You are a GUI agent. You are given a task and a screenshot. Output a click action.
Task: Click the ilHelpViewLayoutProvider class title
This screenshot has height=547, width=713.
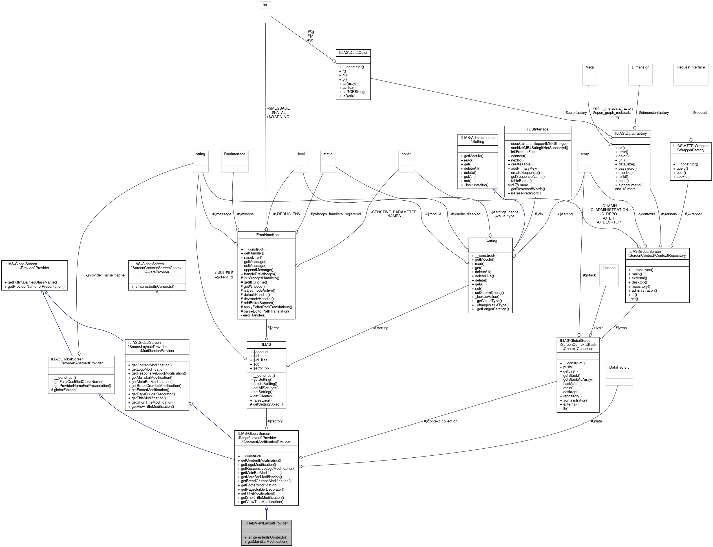(266, 523)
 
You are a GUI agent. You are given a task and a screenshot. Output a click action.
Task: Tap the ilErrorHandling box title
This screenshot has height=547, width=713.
(266, 235)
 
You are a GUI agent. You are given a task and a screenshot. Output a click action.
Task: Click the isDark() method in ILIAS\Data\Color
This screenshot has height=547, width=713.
(347, 96)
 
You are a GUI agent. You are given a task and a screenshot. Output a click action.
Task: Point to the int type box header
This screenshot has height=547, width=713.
(265, 5)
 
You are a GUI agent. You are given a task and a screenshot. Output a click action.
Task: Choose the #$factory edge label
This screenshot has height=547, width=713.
(275, 421)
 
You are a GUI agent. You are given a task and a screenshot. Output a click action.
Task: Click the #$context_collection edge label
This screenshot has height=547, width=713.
(440, 421)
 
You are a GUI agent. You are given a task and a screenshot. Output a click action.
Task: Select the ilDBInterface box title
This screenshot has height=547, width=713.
(537, 129)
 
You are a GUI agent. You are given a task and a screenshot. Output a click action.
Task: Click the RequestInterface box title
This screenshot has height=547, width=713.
(690, 67)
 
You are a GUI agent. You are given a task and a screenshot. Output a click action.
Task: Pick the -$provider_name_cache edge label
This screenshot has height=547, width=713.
(105, 275)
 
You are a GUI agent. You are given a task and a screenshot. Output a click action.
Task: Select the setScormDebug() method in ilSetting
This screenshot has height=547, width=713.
(487, 293)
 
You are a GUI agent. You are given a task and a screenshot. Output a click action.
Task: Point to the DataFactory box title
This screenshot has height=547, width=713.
(619, 367)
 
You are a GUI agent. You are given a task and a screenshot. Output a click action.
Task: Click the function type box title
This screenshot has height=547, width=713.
(608, 268)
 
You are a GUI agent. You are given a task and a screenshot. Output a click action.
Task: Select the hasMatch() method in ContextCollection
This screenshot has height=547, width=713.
(570, 384)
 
